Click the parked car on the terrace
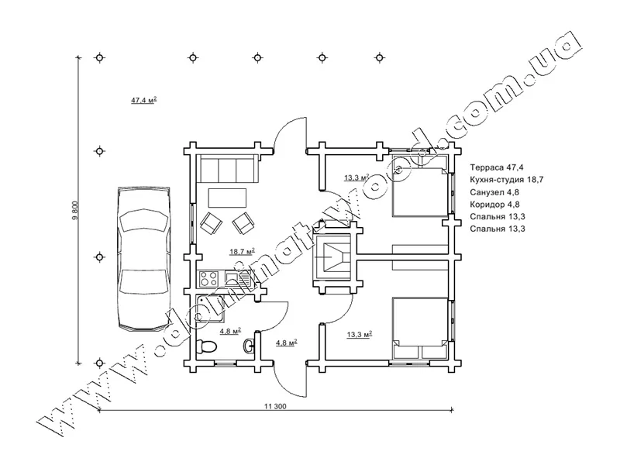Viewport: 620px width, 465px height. (144, 259)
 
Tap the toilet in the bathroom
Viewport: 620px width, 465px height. (207, 346)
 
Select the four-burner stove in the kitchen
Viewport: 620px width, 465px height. (208, 278)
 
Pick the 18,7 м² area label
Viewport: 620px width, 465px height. (242, 251)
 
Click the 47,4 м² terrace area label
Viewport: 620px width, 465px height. (144, 100)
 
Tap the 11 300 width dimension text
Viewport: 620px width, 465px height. (275, 406)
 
